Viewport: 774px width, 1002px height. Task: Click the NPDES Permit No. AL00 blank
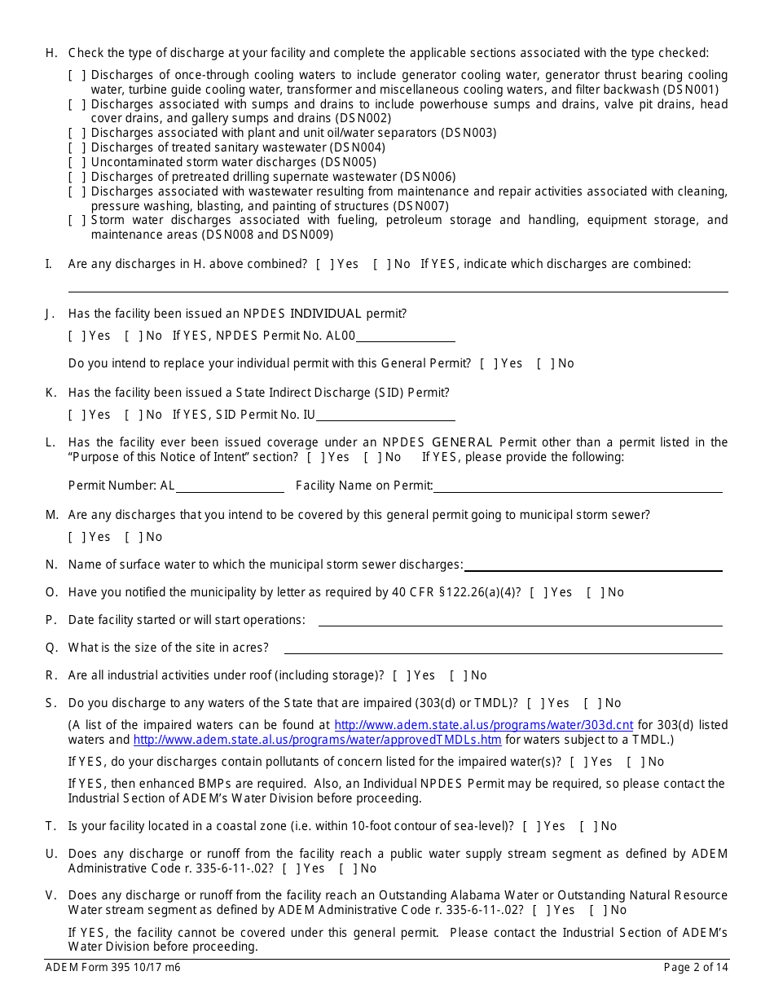point(405,336)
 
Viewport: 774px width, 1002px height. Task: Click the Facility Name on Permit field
point(578,486)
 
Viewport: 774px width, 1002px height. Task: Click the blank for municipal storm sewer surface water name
point(593,565)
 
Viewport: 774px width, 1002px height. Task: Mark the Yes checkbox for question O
point(537,592)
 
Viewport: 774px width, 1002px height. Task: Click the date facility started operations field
point(520,620)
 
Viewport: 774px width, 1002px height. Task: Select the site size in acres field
point(503,648)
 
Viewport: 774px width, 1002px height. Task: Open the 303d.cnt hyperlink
point(484,725)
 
